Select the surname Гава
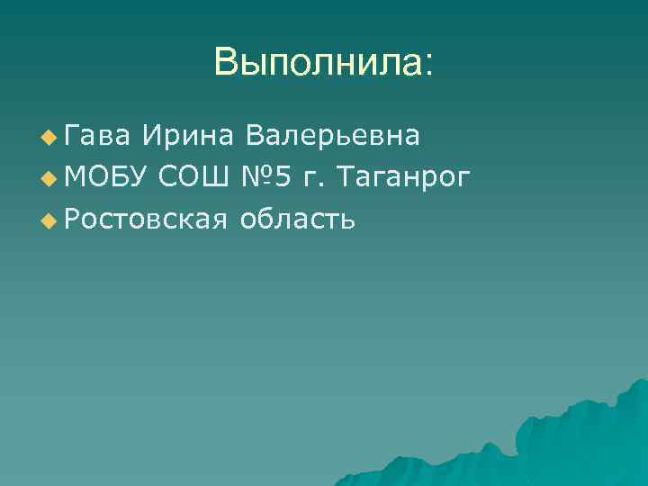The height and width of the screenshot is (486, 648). (x=96, y=136)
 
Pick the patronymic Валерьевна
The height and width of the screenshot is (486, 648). (x=332, y=136)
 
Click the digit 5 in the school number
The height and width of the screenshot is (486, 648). (x=283, y=176)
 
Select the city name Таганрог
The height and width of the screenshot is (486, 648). (x=402, y=177)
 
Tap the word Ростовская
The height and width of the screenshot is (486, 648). (x=144, y=218)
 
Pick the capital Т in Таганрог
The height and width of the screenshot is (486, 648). (x=343, y=176)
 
